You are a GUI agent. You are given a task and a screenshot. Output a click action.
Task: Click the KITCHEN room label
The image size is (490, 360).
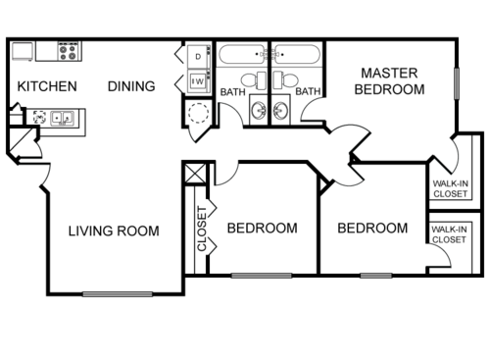[x=47, y=86]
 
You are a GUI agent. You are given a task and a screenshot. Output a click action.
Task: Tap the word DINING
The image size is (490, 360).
[x=131, y=86]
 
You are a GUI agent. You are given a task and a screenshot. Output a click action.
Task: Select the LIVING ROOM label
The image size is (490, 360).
[x=114, y=231]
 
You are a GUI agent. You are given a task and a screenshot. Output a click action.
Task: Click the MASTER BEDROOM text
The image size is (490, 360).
[x=393, y=80]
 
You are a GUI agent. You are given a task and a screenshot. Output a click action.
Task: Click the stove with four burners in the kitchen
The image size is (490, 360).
[x=69, y=48]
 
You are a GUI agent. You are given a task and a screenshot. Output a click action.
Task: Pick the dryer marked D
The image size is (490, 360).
[x=197, y=57]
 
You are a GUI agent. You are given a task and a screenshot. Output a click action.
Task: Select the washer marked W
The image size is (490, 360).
[x=197, y=81]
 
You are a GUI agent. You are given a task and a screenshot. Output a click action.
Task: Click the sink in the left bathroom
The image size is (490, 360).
[x=258, y=110]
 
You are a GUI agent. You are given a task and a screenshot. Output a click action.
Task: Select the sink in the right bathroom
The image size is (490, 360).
[x=281, y=110]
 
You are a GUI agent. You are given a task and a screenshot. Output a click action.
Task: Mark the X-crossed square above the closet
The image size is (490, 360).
[x=193, y=178]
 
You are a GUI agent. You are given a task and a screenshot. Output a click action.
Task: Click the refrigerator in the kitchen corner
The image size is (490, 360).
[x=24, y=50]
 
